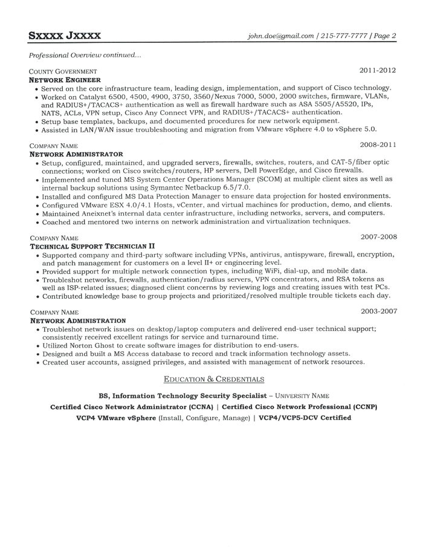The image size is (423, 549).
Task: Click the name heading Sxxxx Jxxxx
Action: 65,36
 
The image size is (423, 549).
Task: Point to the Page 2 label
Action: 385,36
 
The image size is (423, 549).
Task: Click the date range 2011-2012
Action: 378,71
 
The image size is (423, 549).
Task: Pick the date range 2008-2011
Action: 378,145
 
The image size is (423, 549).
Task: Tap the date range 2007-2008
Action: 378,236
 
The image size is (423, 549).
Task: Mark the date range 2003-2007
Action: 378,311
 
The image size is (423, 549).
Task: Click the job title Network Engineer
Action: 65,79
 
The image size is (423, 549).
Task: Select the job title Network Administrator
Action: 76,154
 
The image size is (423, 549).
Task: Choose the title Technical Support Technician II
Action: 92,246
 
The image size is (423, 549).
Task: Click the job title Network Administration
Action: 78,320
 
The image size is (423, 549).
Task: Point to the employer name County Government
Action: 63,71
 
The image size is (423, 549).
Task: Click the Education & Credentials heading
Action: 214,379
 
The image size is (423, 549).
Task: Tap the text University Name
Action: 303,395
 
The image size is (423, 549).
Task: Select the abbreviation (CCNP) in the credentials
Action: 361,407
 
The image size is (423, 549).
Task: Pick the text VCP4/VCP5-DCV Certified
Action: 305,418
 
